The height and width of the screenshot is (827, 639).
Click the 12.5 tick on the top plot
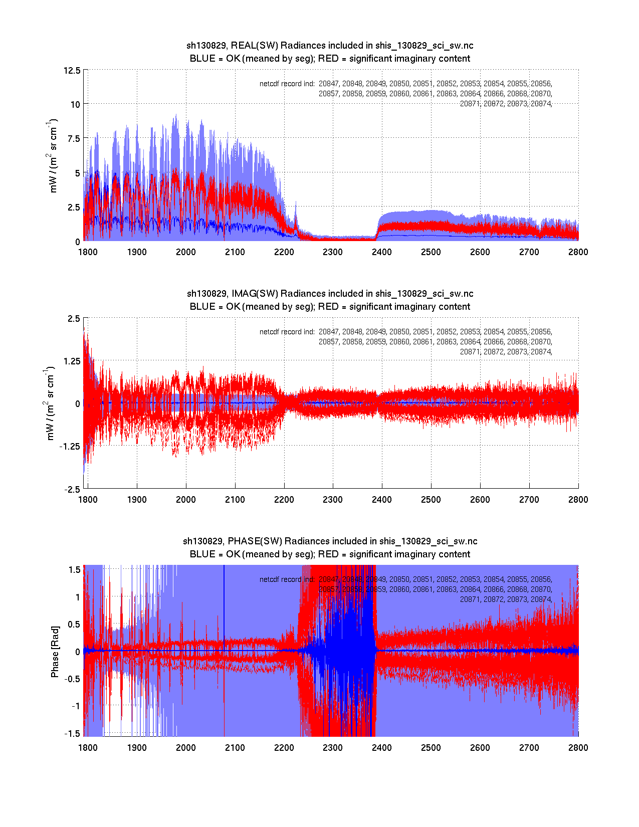72,70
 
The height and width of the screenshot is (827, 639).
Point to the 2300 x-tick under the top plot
333,252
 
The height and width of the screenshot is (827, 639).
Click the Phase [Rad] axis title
55,651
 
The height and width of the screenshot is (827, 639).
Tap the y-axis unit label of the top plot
52,155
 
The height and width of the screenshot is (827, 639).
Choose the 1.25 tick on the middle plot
70,361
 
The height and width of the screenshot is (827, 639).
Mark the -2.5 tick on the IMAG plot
72,490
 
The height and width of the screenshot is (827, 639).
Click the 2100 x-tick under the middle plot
235,500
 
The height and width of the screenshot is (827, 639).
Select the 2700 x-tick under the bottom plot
529,748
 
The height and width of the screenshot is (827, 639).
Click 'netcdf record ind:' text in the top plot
287,84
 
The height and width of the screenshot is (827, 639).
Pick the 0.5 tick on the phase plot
74,624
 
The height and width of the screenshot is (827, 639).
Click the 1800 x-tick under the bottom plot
88,748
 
